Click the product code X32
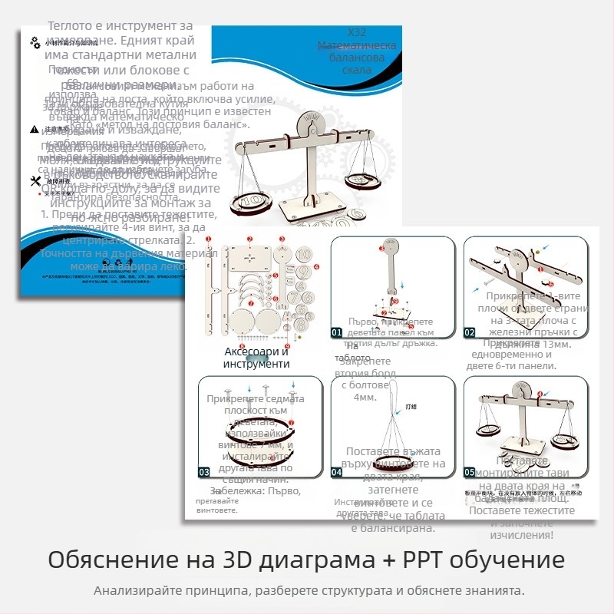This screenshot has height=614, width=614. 357,33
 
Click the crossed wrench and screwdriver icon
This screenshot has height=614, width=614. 35,181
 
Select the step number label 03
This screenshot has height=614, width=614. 205,472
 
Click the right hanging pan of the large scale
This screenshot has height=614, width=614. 364,180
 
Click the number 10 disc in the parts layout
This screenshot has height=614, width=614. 303,253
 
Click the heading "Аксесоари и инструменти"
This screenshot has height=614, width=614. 256,357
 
